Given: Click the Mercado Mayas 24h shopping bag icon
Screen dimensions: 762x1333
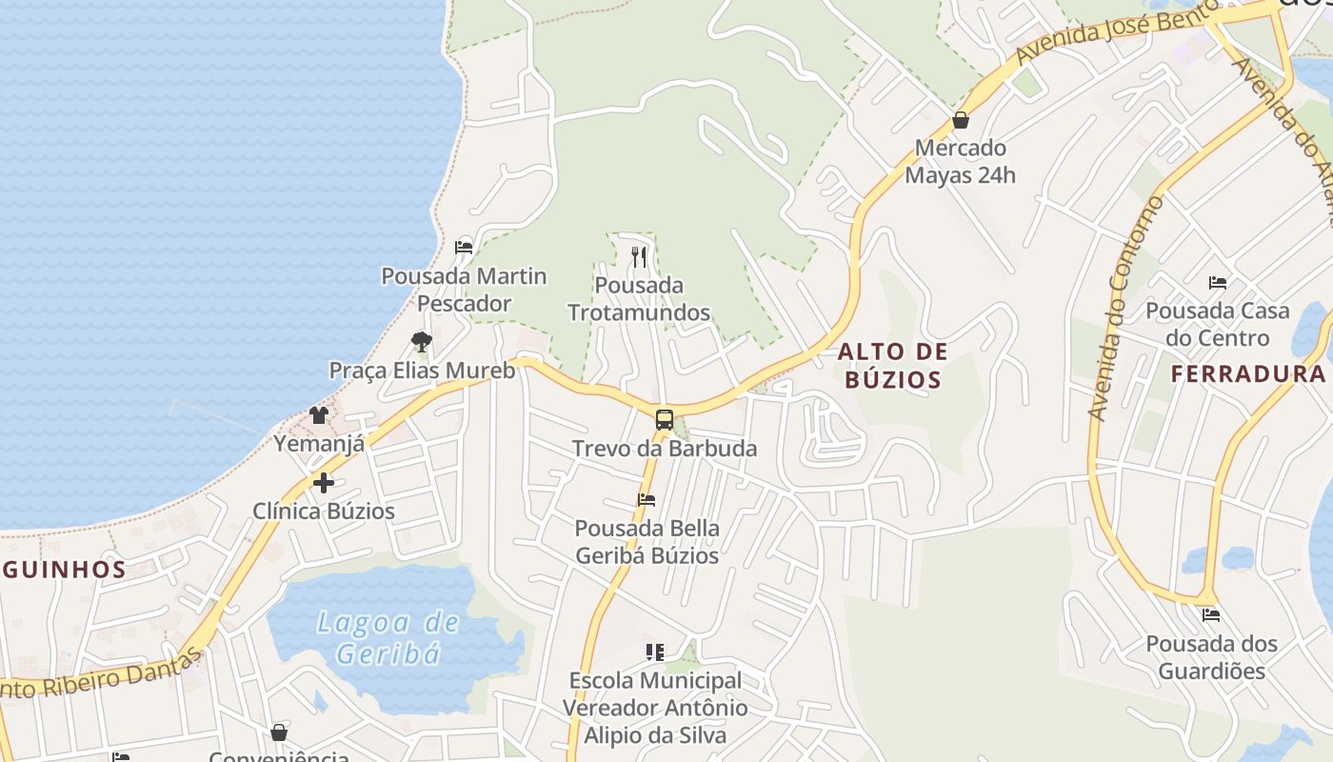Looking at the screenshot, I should pyautogui.click(x=961, y=121).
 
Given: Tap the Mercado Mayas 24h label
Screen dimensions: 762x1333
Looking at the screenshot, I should pyautogui.click(x=960, y=162).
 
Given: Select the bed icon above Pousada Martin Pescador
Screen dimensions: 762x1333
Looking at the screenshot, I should pyautogui.click(x=464, y=248).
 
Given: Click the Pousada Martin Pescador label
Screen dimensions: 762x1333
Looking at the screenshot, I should pyautogui.click(x=464, y=290).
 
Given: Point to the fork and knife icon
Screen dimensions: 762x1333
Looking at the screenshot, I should pyautogui.click(x=639, y=256).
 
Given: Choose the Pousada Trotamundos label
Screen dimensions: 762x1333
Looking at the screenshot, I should pyautogui.click(x=639, y=298).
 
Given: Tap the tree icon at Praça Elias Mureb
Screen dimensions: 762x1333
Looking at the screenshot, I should pyautogui.click(x=421, y=341).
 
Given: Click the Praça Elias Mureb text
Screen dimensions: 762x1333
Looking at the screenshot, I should pyautogui.click(x=422, y=370).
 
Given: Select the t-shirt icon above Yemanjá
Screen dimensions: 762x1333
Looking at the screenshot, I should pyautogui.click(x=319, y=415).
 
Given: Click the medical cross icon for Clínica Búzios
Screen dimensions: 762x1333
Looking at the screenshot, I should pyautogui.click(x=324, y=483).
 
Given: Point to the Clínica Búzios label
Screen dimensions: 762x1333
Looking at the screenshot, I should pyautogui.click(x=324, y=511).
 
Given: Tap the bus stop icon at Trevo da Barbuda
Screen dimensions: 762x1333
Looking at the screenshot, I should pyautogui.click(x=665, y=420).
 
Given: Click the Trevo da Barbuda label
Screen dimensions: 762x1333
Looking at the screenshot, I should pyautogui.click(x=665, y=449).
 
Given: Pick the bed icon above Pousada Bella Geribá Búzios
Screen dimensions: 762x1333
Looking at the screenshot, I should pyautogui.click(x=647, y=499).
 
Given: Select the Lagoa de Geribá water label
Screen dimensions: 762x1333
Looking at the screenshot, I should pyautogui.click(x=388, y=638).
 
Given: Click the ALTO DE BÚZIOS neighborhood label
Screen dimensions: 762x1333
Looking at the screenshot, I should pyautogui.click(x=893, y=366).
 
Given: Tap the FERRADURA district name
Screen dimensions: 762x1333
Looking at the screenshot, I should pyautogui.click(x=1247, y=374).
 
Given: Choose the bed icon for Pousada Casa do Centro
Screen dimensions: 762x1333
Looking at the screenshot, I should pyautogui.click(x=1217, y=283).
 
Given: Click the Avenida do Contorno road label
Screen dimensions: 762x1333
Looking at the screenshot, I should pyautogui.click(x=1126, y=309).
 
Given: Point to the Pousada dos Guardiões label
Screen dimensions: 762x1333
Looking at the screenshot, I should pyautogui.click(x=1211, y=657).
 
